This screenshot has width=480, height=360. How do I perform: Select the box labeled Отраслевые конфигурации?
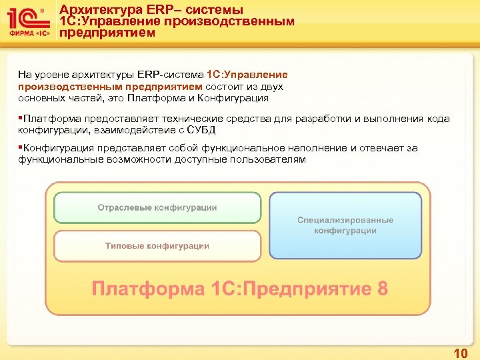[157, 207]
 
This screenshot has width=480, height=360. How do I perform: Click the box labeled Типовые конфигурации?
[157, 246]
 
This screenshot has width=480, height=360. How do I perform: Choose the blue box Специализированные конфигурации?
[345, 225]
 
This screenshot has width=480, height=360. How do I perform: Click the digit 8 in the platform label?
[382, 289]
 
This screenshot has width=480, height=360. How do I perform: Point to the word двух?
[273, 87]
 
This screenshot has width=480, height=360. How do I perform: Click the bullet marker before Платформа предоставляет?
[21, 119]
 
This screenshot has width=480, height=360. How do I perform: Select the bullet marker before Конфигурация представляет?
[21, 148]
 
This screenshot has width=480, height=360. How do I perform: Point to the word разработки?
[323, 119]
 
